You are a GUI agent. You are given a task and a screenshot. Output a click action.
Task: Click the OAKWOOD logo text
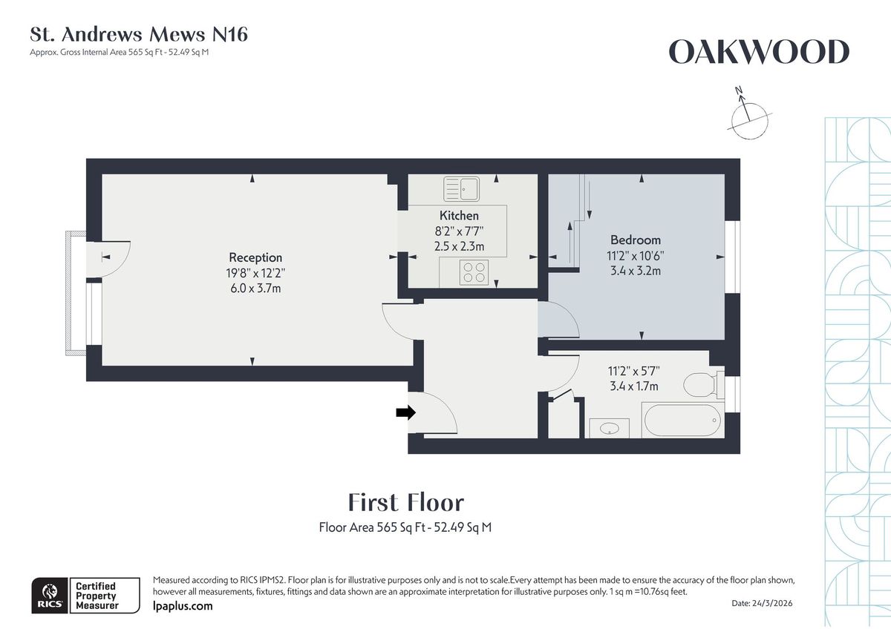point(758,53)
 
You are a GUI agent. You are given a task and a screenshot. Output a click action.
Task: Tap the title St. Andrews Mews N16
point(139,34)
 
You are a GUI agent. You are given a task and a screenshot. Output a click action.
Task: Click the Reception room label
point(255,258)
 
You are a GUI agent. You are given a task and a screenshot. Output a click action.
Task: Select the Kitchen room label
point(459,216)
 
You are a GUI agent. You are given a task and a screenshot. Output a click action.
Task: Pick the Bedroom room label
point(635,240)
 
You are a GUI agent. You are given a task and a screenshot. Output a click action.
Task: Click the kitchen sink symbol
point(463,188)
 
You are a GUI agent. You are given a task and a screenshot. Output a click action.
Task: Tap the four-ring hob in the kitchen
point(474,273)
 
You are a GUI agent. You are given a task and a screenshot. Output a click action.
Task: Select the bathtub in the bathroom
point(682,421)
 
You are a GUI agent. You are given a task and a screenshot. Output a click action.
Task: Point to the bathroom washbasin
point(610,428)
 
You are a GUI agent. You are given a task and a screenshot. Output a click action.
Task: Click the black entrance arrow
point(405,413)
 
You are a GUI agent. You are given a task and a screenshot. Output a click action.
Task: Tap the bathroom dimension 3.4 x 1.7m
point(633,386)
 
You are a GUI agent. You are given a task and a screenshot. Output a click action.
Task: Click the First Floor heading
point(406,503)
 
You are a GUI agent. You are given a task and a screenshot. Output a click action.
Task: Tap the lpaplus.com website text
point(183,606)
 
